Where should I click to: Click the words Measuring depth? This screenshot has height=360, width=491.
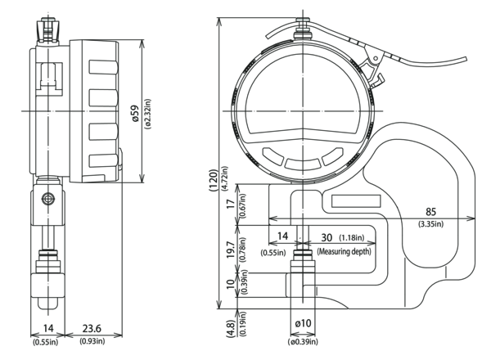click(345, 251)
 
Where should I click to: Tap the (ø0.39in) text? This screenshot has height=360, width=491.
click(304, 340)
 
